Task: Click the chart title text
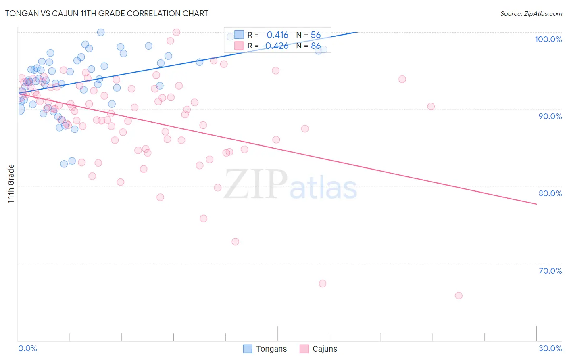tap(106, 13)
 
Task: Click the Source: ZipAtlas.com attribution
tap(531, 14)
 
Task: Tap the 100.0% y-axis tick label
tap(548, 39)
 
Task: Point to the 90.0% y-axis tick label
tap(550, 116)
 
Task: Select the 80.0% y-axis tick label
tap(550, 193)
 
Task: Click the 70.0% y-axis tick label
tap(550, 271)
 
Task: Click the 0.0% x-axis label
tap(27, 348)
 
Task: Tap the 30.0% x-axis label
tap(550, 348)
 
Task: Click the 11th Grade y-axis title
tap(11, 184)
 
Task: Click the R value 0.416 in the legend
tap(277, 35)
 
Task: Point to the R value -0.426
tap(275, 46)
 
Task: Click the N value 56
tap(315, 35)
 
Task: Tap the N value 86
tap(315, 46)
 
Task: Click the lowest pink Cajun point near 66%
tap(459, 295)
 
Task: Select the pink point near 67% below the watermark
tap(323, 283)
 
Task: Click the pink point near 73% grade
tap(235, 242)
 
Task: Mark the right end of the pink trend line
tap(536, 204)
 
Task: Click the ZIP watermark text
tap(256, 184)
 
